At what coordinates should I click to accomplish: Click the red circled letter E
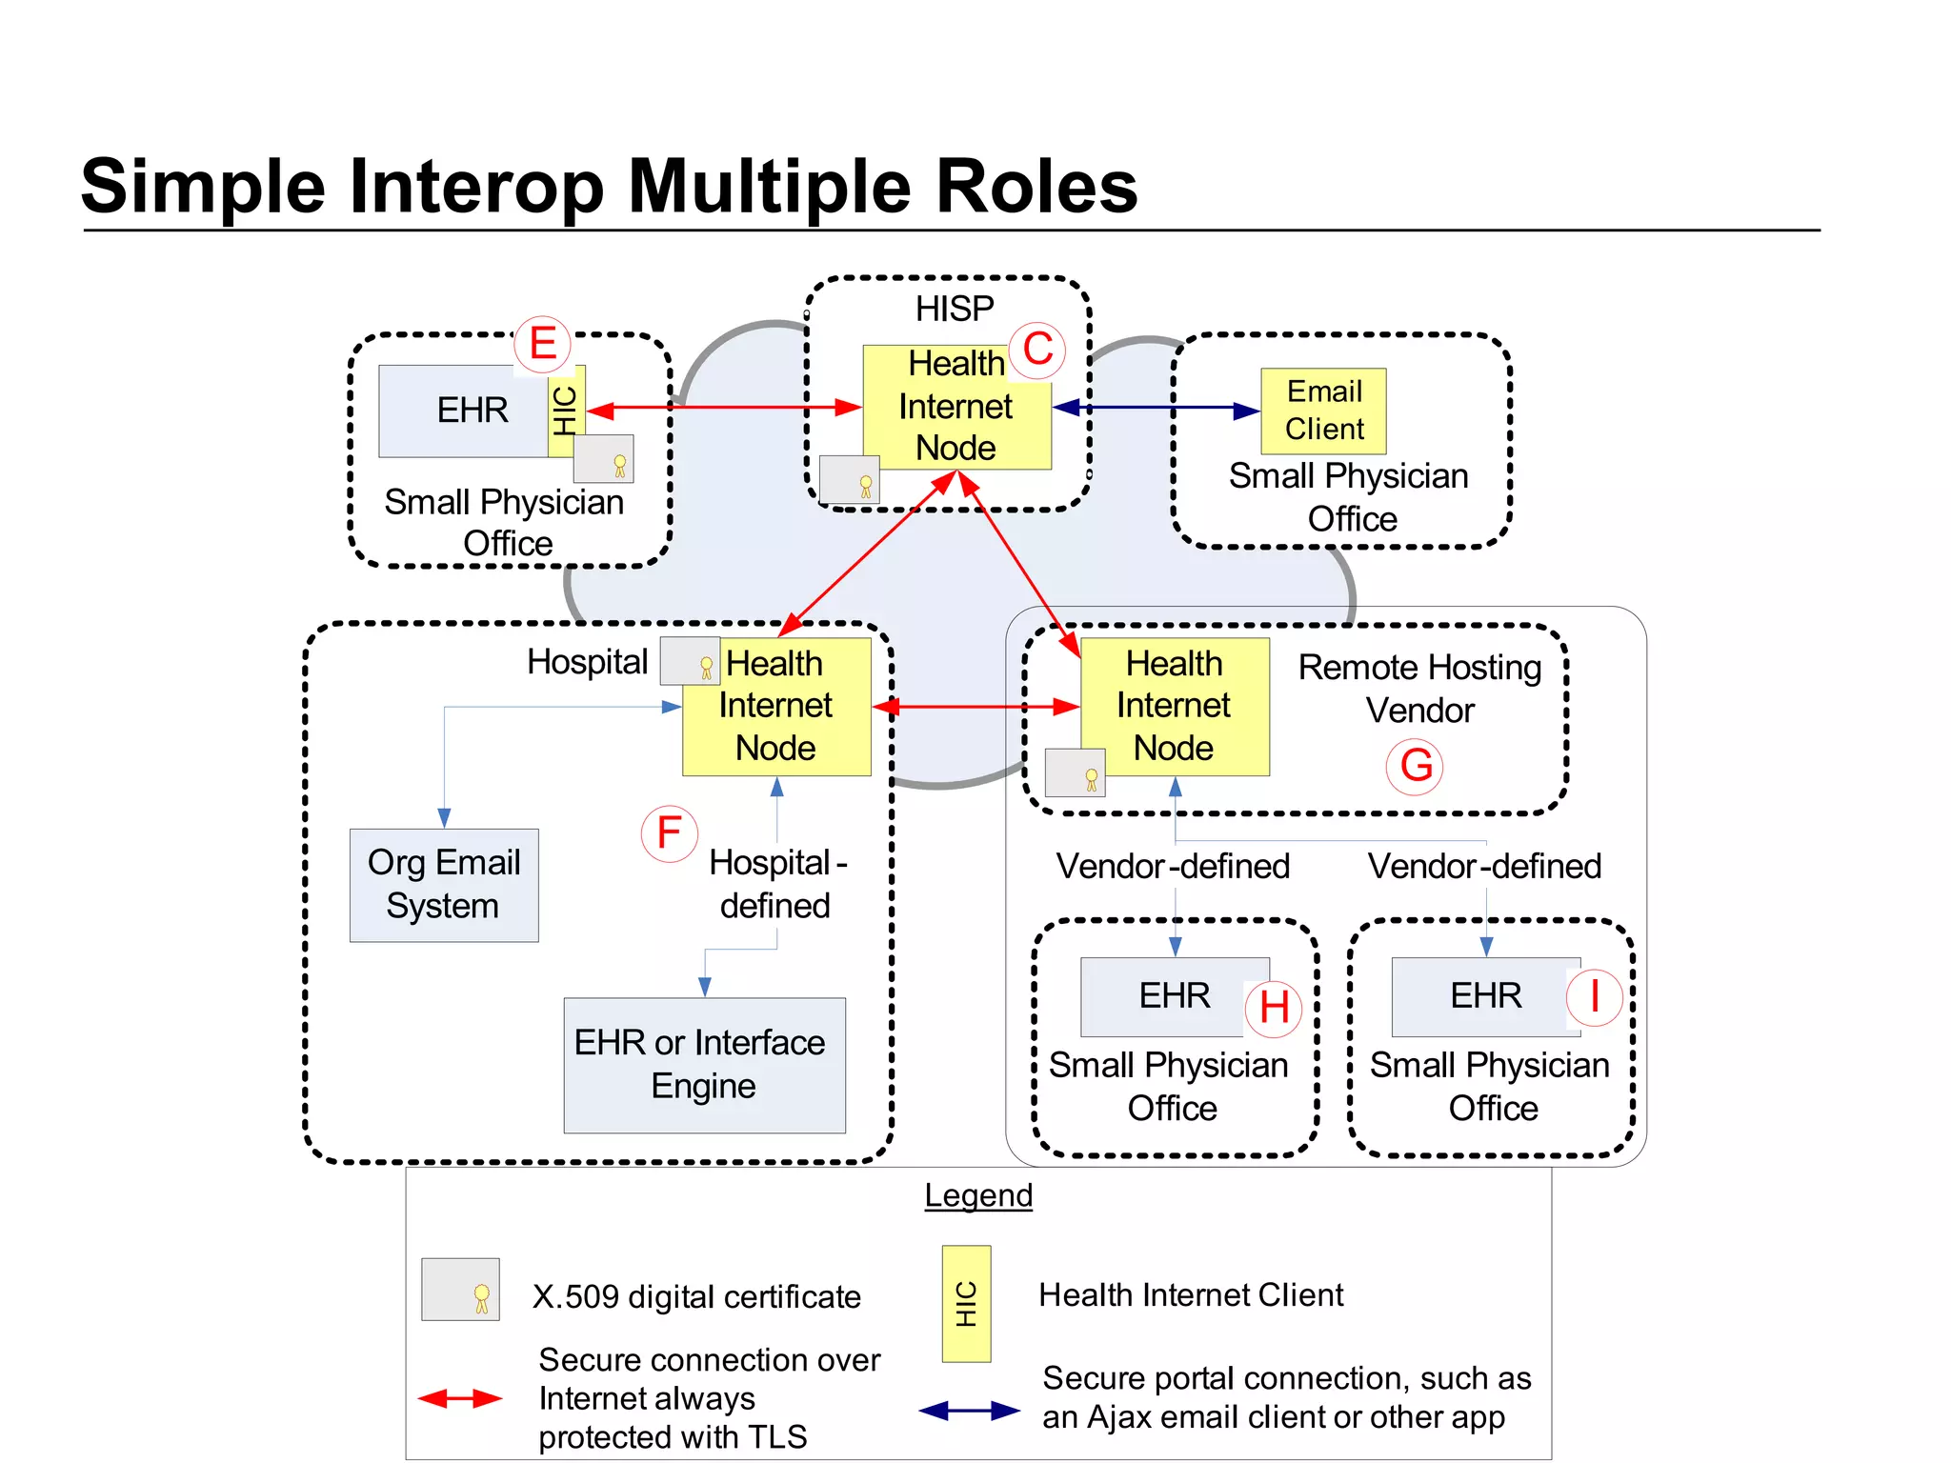[x=542, y=344]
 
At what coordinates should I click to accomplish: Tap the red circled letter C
[x=1037, y=350]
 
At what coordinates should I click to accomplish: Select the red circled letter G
[x=1416, y=766]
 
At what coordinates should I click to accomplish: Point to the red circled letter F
[x=669, y=833]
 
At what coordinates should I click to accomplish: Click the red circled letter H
[x=1274, y=1008]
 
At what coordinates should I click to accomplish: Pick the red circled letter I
[x=1595, y=996]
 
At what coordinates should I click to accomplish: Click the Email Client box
[x=1323, y=411]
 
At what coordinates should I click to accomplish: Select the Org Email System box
[x=444, y=885]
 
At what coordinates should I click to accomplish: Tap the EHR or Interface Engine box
[x=704, y=1065]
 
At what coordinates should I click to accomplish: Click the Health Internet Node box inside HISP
[x=955, y=408]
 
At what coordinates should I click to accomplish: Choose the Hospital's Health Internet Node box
[x=776, y=706]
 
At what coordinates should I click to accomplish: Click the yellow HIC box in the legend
[x=966, y=1303]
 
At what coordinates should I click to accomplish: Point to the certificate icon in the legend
[x=460, y=1289]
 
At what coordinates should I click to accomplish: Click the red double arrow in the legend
[x=460, y=1398]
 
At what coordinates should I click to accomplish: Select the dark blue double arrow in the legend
[x=969, y=1411]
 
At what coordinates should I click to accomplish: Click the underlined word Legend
[x=978, y=1195]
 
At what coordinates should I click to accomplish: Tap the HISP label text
[x=955, y=309]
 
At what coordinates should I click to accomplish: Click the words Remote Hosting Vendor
[x=1419, y=689]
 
